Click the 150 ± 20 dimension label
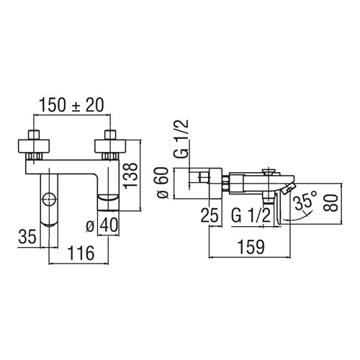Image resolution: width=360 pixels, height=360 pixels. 71,105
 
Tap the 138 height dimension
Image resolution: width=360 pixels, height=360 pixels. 130,176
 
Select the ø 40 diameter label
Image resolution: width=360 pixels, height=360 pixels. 102,225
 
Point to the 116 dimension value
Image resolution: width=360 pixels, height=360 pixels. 81,253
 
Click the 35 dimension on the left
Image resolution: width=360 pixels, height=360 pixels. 27,236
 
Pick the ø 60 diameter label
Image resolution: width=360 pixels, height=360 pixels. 163,183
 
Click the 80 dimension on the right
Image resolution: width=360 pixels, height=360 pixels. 330,203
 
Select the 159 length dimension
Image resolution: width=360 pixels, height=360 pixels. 251,247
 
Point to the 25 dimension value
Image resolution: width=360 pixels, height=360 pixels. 210,215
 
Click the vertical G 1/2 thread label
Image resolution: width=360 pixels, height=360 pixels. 181,138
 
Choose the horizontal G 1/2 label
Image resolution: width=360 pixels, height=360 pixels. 251,215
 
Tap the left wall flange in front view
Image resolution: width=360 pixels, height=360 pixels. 34,145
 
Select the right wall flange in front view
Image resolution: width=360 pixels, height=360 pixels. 110,145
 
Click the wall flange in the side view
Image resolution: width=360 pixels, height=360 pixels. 215,184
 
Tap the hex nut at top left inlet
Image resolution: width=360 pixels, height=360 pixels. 34,135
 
